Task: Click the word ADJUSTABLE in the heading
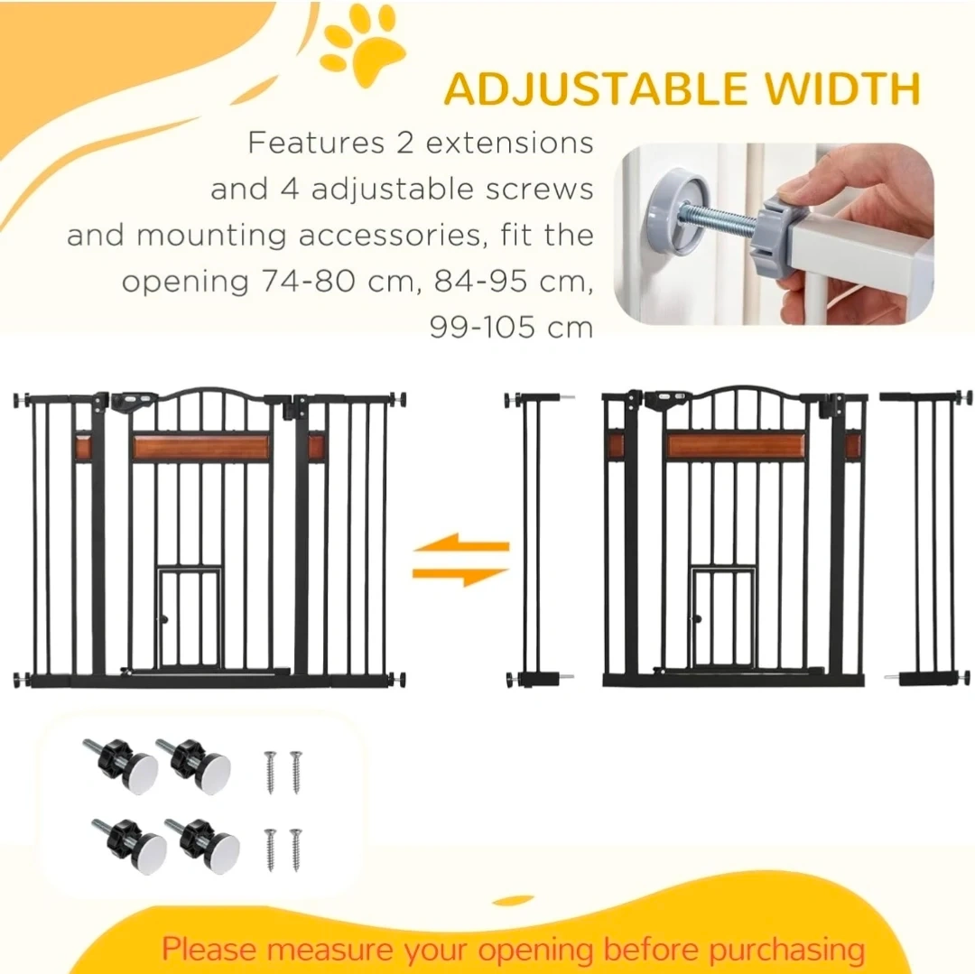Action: pyautogui.click(x=596, y=88)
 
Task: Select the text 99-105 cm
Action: pyautogui.click(x=511, y=328)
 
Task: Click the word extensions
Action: pyautogui.click(x=509, y=143)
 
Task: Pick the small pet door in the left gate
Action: pyautogui.click(x=190, y=617)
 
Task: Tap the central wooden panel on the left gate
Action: pyautogui.click(x=200, y=447)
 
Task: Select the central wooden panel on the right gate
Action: pyautogui.click(x=735, y=446)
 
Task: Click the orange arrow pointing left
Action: pyautogui.click(x=460, y=544)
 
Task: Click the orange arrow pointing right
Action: pyautogui.click(x=460, y=576)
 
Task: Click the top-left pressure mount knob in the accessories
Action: pyautogui.click(x=121, y=765)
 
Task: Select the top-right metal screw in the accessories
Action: pyautogui.click(x=296, y=772)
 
